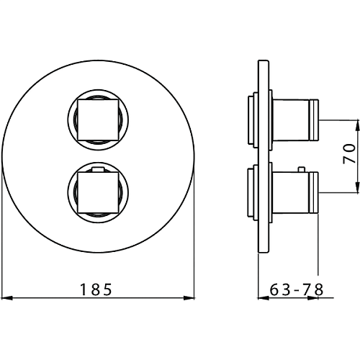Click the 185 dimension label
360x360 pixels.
click(96, 289)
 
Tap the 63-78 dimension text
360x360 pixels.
click(297, 289)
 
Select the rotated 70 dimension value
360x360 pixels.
click(349, 154)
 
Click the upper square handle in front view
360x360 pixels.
click(98, 120)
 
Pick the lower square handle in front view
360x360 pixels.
click(98, 193)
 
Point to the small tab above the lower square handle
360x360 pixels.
click(98, 170)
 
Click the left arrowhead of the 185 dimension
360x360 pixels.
click(6, 298)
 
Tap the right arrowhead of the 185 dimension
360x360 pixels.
click(189, 298)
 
